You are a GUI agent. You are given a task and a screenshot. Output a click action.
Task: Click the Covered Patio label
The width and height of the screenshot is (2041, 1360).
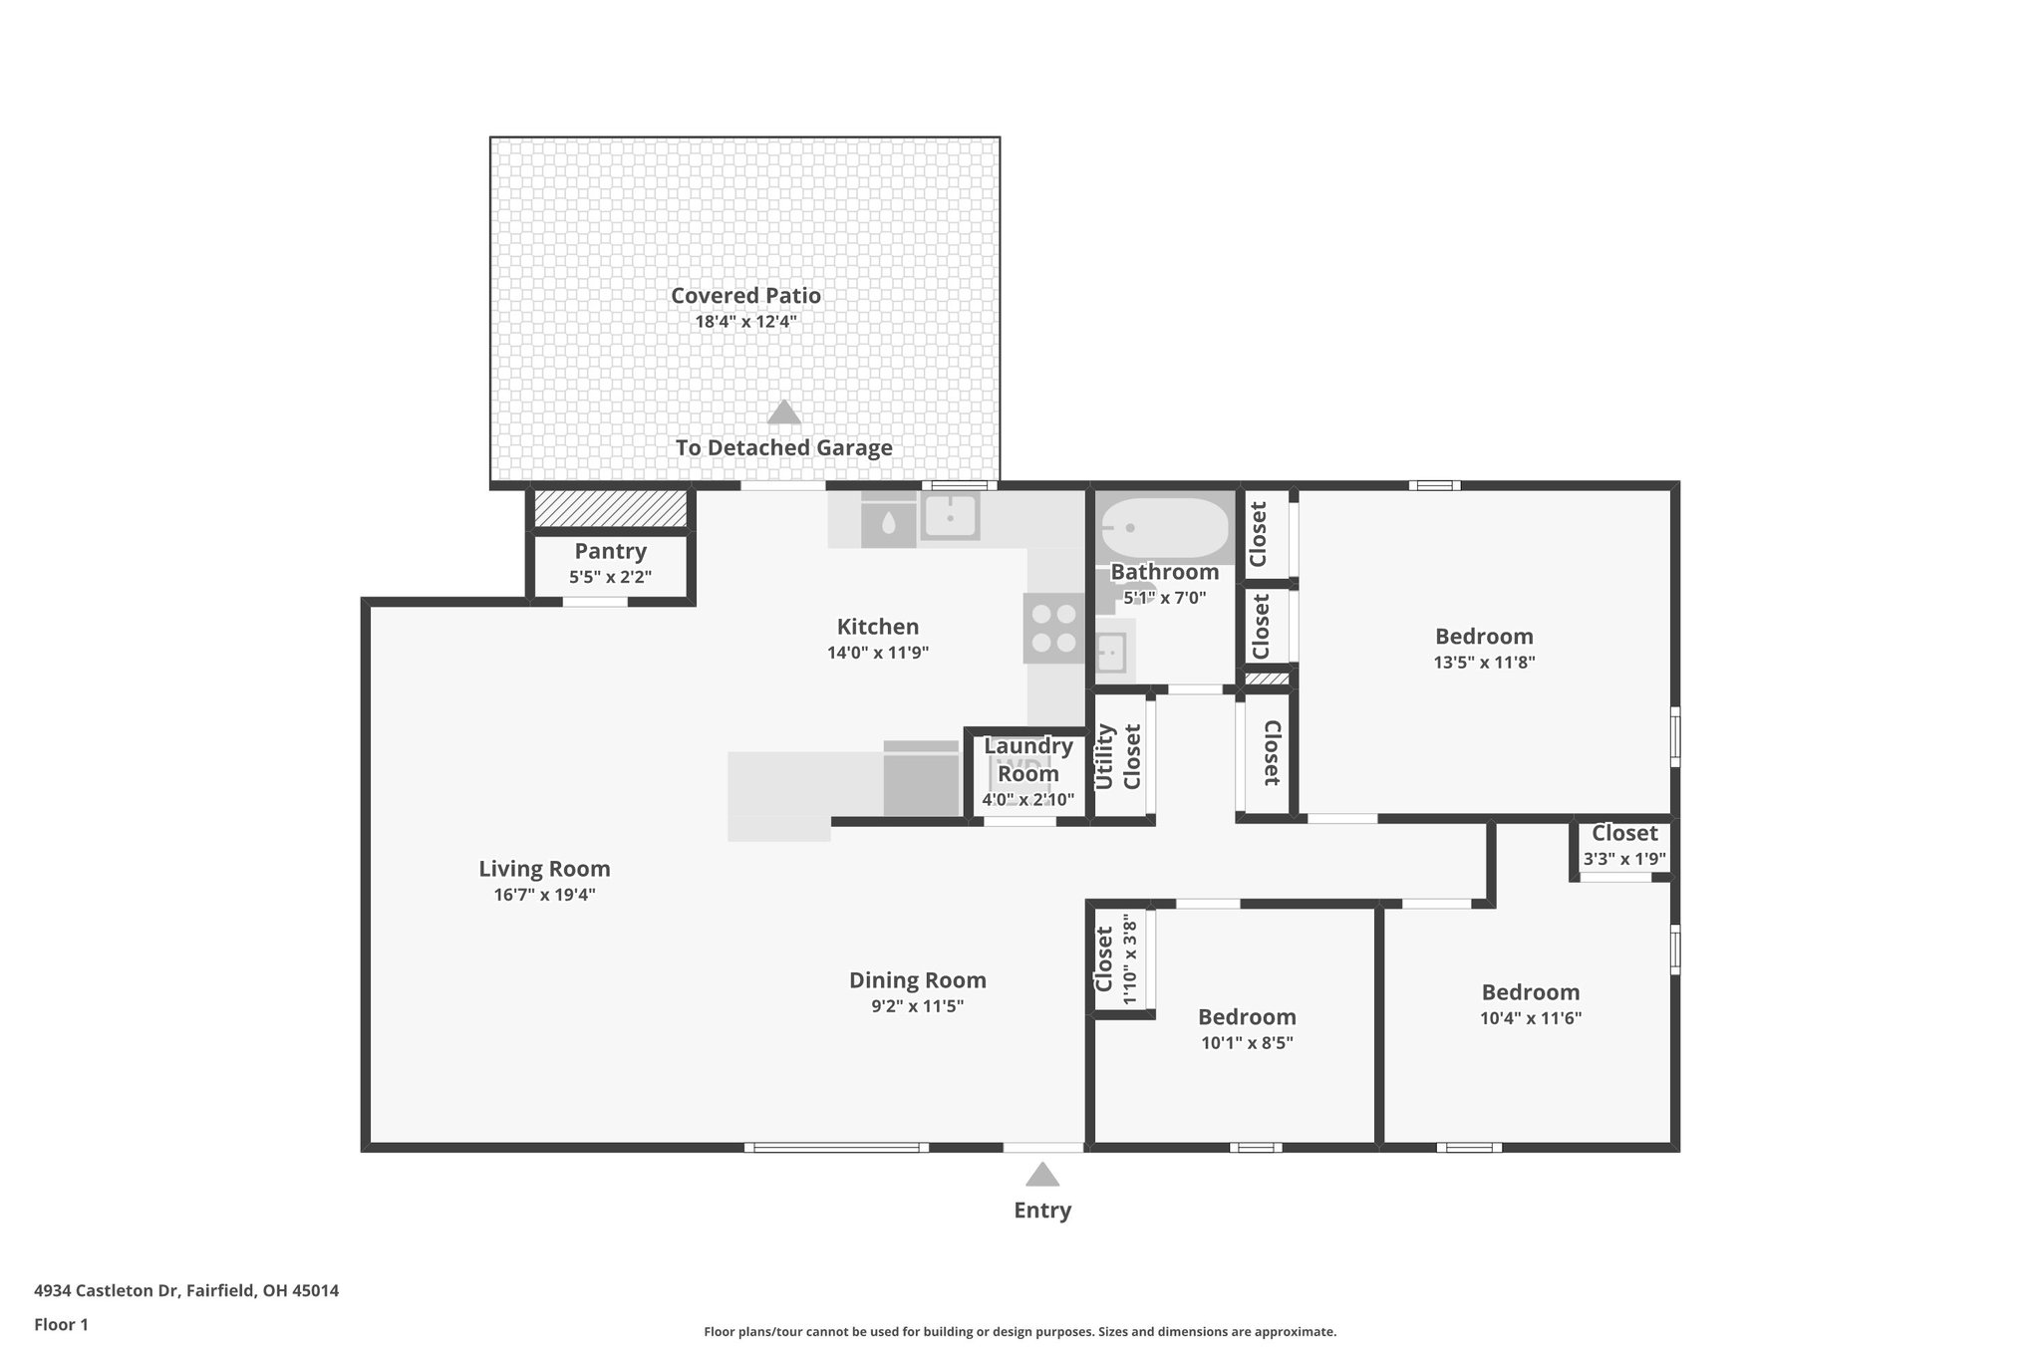pos(745,295)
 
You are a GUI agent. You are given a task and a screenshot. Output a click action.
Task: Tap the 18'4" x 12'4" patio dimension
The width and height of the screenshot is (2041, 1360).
pos(745,322)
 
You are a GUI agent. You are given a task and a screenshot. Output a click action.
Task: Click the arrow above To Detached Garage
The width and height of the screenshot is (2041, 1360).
pos(784,411)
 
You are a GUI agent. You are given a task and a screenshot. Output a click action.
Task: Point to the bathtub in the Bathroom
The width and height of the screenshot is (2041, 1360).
pos(1165,528)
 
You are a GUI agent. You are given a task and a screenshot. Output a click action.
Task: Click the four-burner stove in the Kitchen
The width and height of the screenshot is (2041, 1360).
pos(1053,628)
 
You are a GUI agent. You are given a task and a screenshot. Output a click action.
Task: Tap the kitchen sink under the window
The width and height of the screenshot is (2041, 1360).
pos(949,516)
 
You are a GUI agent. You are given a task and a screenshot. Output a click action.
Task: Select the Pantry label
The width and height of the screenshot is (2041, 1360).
pos(610,551)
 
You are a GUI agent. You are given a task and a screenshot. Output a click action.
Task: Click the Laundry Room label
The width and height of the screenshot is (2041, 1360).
pos(1028,759)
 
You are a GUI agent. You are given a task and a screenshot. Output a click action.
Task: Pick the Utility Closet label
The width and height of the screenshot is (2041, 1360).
pos(1117,756)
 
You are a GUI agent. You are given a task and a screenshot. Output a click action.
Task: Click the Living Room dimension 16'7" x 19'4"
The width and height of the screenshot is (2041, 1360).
pos(544,895)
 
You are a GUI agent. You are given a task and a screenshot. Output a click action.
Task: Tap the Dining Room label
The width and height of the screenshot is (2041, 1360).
pos(917,979)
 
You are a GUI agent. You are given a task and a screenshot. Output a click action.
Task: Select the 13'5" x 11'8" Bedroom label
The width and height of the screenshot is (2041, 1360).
pos(1484,636)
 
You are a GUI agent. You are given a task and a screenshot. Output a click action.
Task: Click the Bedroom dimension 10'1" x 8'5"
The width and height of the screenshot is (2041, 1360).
pos(1247,1043)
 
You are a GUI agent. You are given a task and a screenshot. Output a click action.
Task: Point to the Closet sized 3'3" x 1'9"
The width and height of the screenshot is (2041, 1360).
pos(1624,834)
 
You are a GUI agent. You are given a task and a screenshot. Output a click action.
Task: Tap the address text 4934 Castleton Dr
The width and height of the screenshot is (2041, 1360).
pos(185,1290)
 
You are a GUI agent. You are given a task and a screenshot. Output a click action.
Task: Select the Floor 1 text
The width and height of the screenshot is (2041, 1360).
pos(61,1324)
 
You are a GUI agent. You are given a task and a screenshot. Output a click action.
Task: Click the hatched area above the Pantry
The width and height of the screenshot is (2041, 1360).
pos(611,508)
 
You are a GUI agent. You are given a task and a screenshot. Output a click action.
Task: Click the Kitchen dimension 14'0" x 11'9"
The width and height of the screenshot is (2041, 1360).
pos(877,653)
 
